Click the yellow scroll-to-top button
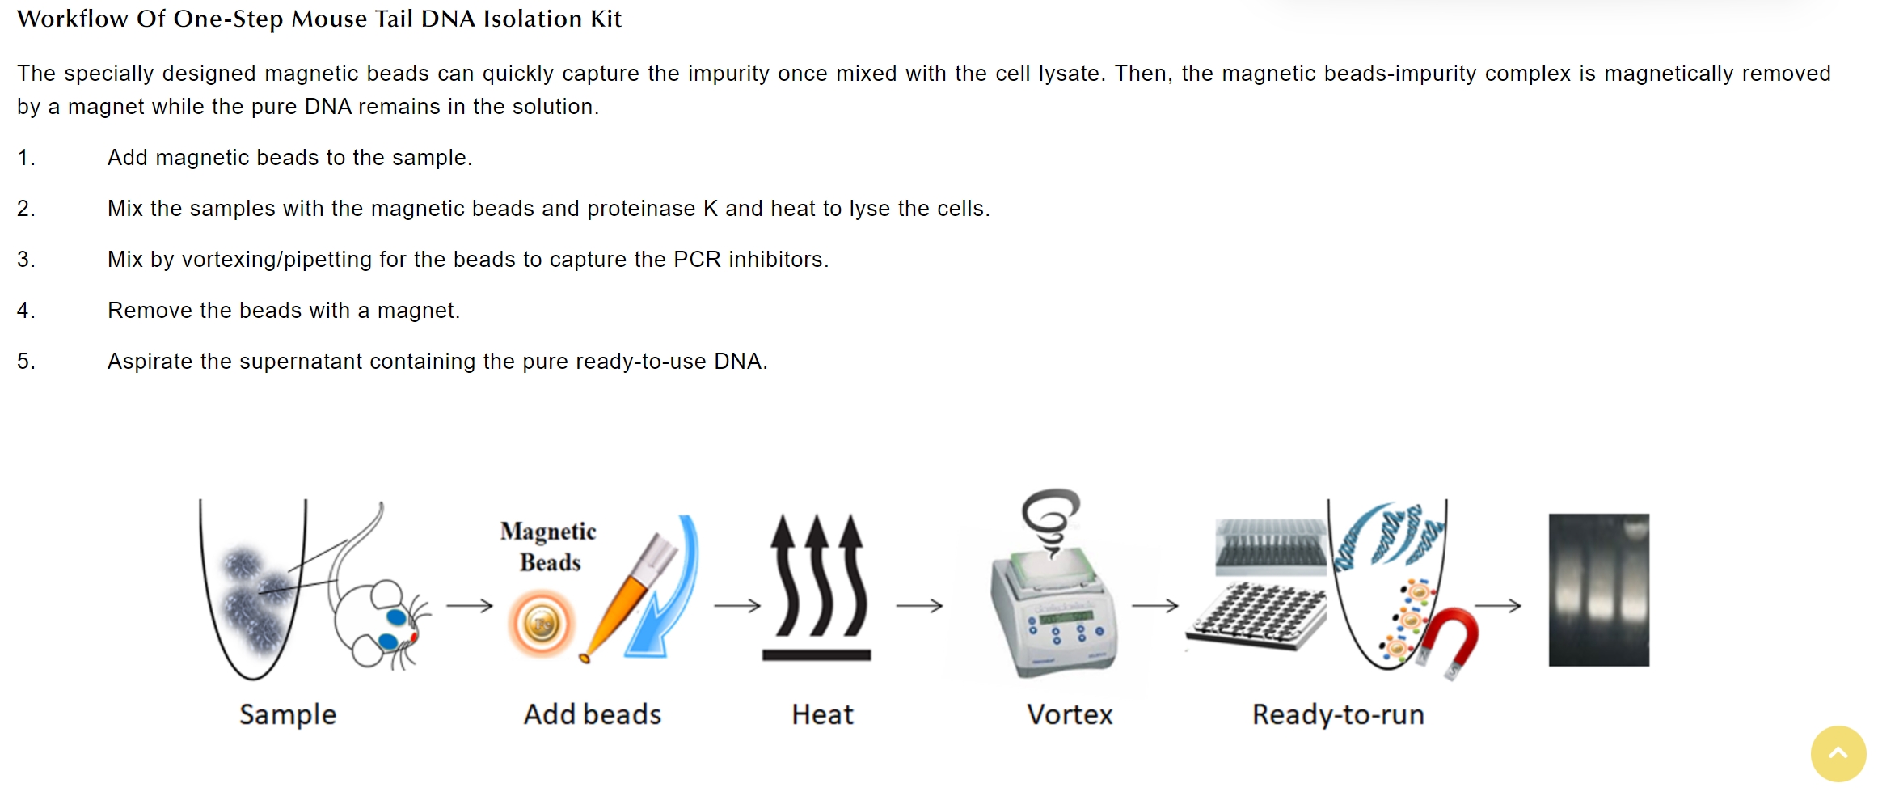1838,754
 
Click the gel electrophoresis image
1598,590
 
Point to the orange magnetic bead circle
542,623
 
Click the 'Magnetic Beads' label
548,546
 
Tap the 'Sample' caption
288,714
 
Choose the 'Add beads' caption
593,714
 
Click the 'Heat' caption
822,714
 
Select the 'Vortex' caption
1070,714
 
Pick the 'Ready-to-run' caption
1338,714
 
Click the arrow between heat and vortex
919,605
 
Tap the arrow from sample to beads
470,605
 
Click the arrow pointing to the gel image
1498,605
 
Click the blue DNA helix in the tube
1387,536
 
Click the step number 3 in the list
26,260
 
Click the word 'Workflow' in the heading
72,19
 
